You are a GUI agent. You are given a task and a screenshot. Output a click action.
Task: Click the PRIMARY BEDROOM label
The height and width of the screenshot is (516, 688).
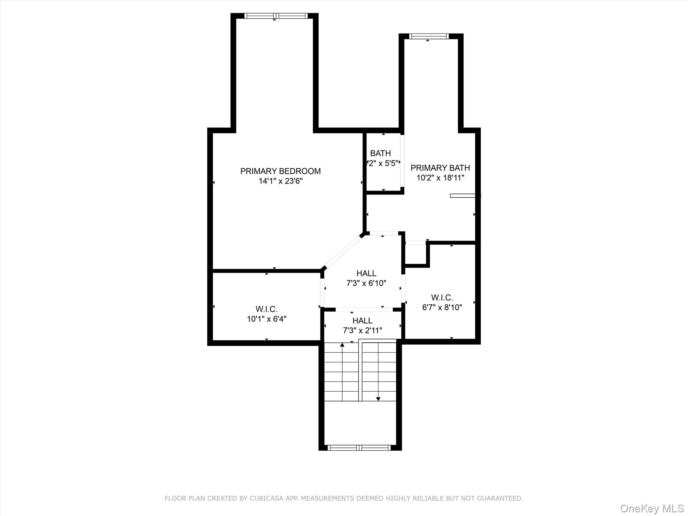pyautogui.click(x=280, y=171)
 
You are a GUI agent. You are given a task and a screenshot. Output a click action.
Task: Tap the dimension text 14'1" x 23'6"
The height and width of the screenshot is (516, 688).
pyautogui.click(x=280, y=181)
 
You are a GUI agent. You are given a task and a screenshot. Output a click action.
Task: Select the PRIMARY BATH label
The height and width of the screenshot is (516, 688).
pyautogui.click(x=440, y=168)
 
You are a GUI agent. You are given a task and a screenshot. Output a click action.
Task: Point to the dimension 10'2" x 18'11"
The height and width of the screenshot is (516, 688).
pyautogui.click(x=440, y=178)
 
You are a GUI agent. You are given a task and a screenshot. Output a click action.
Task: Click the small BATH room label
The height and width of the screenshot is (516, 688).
pyautogui.click(x=380, y=153)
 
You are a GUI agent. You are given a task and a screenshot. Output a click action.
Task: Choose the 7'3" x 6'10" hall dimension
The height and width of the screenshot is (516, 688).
pyautogui.click(x=366, y=283)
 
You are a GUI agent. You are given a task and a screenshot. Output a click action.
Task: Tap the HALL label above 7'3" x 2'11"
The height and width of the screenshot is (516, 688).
pyautogui.click(x=362, y=320)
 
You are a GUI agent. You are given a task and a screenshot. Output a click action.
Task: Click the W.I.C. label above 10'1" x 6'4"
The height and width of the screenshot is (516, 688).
pyautogui.click(x=266, y=309)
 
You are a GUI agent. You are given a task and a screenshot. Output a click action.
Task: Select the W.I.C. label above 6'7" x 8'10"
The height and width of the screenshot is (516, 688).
pyautogui.click(x=442, y=297)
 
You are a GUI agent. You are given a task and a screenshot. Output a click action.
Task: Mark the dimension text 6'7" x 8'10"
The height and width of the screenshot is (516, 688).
pyautogui.click(x=442, y=307)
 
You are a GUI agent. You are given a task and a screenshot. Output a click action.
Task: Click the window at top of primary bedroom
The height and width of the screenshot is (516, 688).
pyautogui.click(x=275, y=16)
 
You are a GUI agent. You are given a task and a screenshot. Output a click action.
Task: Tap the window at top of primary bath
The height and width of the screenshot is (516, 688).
pyautogui.click(x=429, y=36)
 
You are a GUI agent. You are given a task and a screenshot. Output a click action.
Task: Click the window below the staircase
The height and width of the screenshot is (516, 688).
pyautogui.click(x=359, y=447)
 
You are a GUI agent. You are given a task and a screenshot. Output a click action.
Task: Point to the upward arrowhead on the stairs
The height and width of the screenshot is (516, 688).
pyautogui.click(x=342, y=345)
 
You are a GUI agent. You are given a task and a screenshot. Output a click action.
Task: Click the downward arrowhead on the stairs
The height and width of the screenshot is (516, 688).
pyautogui.click(x=378, y=399)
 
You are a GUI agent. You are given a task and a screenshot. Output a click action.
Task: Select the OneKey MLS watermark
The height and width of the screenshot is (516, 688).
pyautogui.click(x=652, y=508)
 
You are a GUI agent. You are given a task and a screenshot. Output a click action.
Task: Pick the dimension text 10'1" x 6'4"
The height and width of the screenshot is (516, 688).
pyautogui.click(x=266, y=319)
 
